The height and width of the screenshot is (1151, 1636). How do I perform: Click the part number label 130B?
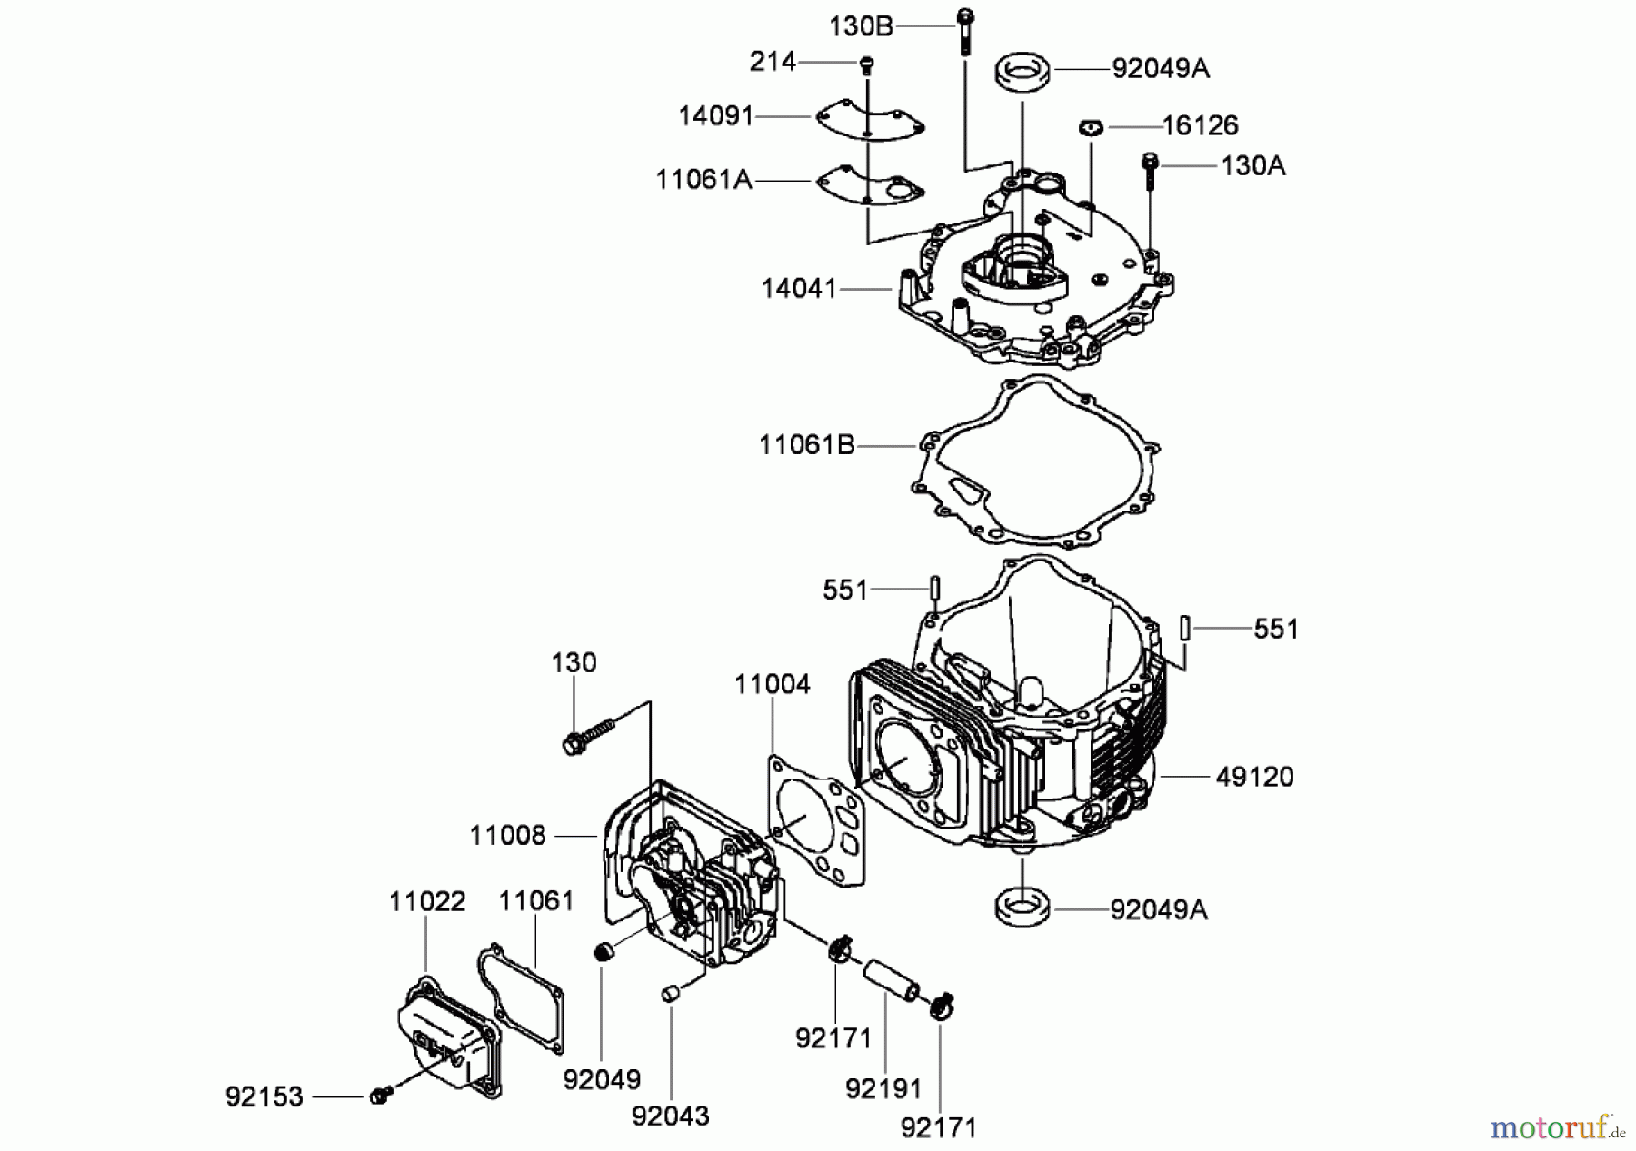coord(861,26)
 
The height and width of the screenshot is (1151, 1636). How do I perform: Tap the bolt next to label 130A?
coord(1151,169)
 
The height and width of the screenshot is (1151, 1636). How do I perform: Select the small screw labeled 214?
coord(867,64)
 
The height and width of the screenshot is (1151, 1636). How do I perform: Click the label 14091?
coord(716,116)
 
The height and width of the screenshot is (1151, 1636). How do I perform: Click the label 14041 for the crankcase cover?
coord(799,289)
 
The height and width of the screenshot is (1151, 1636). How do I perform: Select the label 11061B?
coord(807,446)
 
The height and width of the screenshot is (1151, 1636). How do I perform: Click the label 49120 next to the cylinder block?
coord(1254,777)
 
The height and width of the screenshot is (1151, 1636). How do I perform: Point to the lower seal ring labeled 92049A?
coord(1022,907)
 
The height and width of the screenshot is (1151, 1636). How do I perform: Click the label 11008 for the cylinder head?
coord(507,835)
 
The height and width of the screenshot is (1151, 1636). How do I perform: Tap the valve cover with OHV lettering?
coord(446,1037)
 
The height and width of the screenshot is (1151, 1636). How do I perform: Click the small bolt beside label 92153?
coord(380,1096)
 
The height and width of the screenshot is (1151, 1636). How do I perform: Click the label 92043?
coord(671,1116)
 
